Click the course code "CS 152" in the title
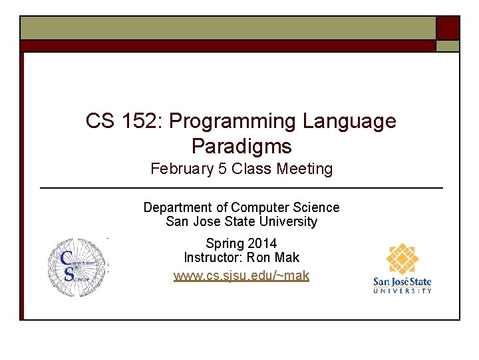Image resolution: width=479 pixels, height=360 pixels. (124, 121)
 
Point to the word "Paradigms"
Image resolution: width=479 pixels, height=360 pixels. (241, 145)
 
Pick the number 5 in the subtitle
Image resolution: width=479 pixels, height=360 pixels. (222, 169)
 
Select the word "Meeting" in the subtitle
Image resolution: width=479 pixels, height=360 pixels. (305, 169)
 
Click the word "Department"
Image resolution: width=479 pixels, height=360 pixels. (177, 207)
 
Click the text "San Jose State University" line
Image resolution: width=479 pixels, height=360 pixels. (241, 221)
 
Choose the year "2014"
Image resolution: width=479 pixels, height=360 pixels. (261, 243)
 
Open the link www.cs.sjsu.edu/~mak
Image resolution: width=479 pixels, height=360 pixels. (241, 275)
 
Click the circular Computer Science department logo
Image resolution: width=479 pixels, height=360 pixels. (77, 267)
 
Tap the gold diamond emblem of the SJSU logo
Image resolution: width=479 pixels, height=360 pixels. (403, 260)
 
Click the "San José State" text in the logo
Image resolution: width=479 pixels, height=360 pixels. (402, 282)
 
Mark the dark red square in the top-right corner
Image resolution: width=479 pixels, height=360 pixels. (448, 28)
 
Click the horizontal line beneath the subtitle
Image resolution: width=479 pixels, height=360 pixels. (241, 189)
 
